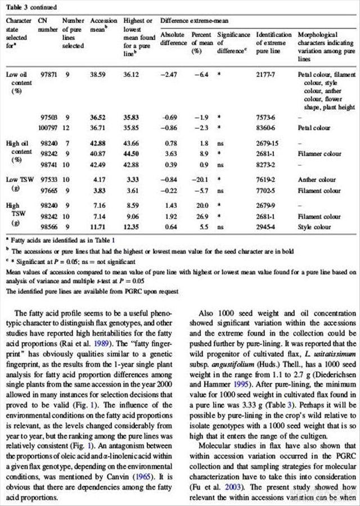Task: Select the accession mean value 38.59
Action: click(98, 74)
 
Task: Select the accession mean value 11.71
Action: click(98, 227)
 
